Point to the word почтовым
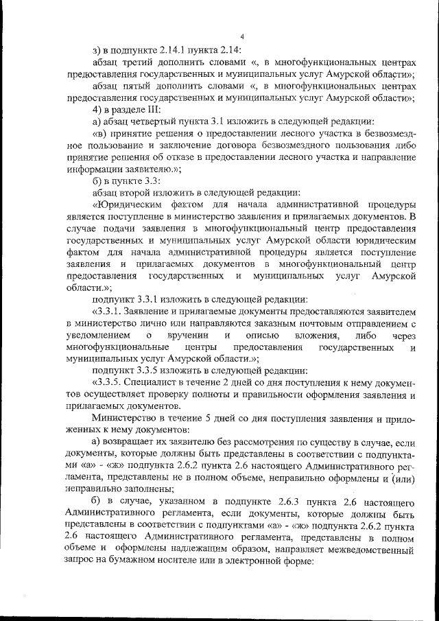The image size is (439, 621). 340,323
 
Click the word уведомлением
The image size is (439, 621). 97,335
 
